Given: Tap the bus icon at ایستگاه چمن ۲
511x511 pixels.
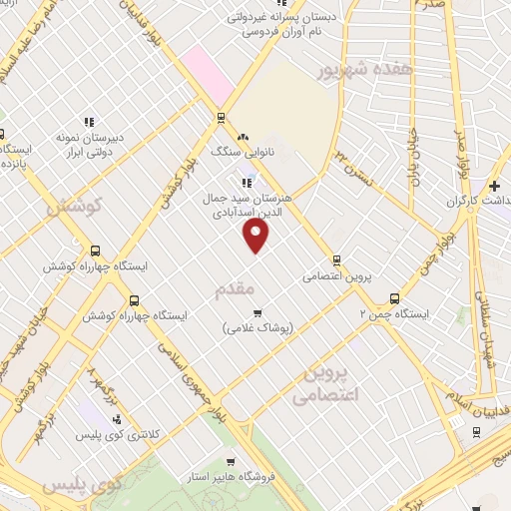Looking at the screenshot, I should pyautogui.click(x=394, y=298).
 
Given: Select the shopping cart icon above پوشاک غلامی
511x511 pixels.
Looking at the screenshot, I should pyautogui.click(x=256, y=313).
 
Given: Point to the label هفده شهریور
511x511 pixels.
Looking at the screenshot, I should pyautogui.click(x=349, y=72).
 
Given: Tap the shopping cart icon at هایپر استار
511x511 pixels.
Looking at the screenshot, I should pyautogui.click(x=231, y=461).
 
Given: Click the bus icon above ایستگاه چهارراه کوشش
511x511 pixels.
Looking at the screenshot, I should pyautogui.click(x=94, y=252).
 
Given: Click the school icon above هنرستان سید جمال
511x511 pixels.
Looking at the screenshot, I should pyautogui.click(x=247, y=183).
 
